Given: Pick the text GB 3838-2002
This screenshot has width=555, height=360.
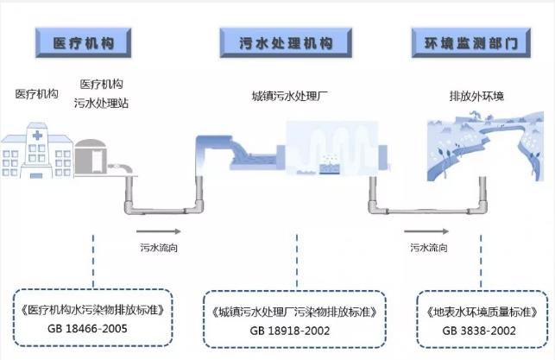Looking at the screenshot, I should point(481,330).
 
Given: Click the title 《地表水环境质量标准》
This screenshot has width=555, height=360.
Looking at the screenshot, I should point(481,310).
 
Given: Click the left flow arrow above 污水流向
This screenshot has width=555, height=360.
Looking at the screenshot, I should point(159,231).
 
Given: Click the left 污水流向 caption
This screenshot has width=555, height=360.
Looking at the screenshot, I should point(159,248).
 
